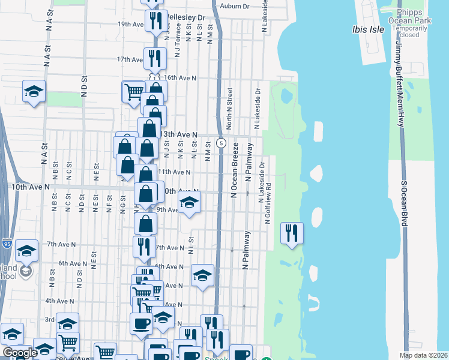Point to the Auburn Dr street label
click(x=234, y=6)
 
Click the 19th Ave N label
click(x=130, y=24)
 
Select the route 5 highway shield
click(x=221, y=143)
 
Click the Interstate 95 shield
click(x=7, y=244)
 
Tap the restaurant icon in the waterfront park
click(x=292, y=233)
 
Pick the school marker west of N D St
click(x=34, y=91)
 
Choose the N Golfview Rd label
click(x=268, y=203)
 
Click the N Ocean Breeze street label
click(x=235, y=169)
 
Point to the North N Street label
click(x=229, y=109)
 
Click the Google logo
click(x=20, y=353)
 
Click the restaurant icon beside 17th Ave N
click(x=155, y=58)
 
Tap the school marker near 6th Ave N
click(x=203, y=276)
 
